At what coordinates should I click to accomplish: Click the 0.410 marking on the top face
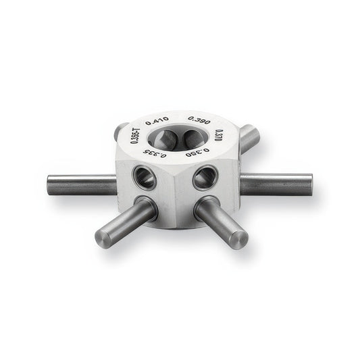pos(157,121)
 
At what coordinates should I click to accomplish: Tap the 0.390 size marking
pos(199,120)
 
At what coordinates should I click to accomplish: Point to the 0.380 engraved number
pos(198,153)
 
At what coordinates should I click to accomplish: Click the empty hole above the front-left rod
pos(145,177)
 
